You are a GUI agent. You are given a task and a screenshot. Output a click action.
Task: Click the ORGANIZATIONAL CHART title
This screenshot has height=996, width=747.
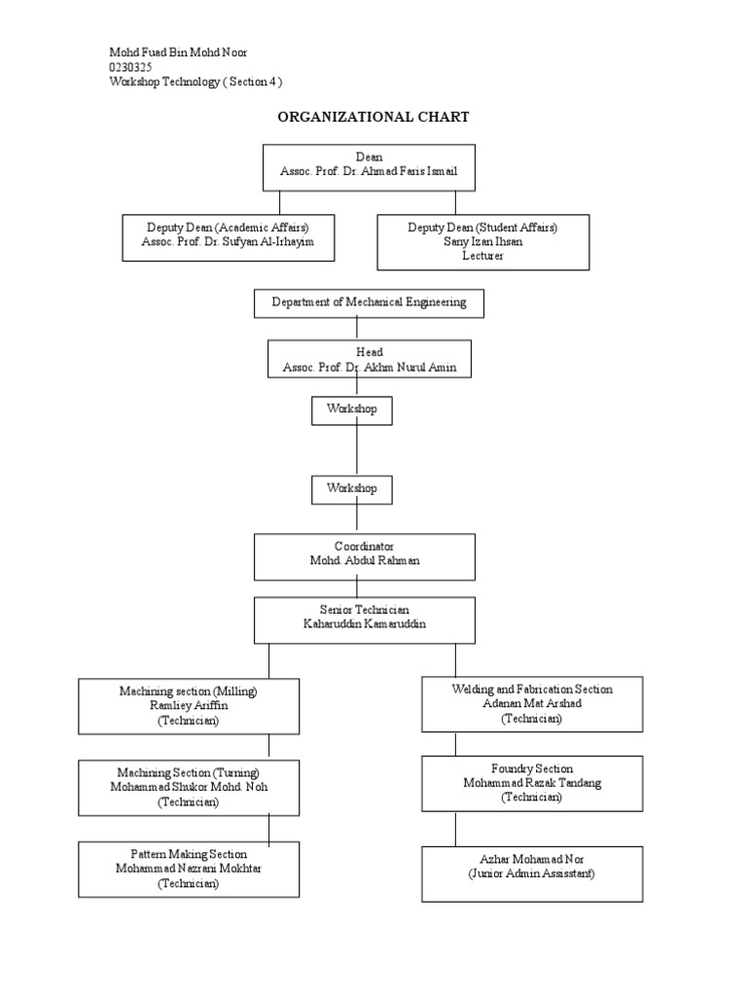click(x=373, y=117)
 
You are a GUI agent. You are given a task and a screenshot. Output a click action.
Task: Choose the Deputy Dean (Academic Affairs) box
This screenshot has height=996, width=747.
click(x=228, y=237)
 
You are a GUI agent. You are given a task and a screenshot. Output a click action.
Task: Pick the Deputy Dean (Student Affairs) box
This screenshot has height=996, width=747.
click(x=482, y=241)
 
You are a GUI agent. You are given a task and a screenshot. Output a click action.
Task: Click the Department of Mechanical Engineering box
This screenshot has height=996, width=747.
click(x=369, y=303)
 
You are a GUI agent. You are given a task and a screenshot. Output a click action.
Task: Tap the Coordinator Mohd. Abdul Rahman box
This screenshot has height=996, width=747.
click(x=365, y=556)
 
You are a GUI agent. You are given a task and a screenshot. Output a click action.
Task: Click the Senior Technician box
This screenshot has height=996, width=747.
click(x=365, y=620)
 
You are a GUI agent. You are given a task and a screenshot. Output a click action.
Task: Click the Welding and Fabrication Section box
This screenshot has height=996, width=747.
click(x=531, y=704)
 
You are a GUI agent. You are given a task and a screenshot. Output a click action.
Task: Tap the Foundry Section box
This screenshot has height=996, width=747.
click(x=531, y=784)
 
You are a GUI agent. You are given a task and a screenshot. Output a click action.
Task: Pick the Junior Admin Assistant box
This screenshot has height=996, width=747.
click(x=531, y=873)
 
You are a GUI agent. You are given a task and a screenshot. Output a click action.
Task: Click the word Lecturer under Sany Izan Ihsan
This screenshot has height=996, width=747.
click(x=482, y=255)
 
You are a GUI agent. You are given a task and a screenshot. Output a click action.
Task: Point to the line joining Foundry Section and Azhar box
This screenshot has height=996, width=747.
click(x=455, y=829)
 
